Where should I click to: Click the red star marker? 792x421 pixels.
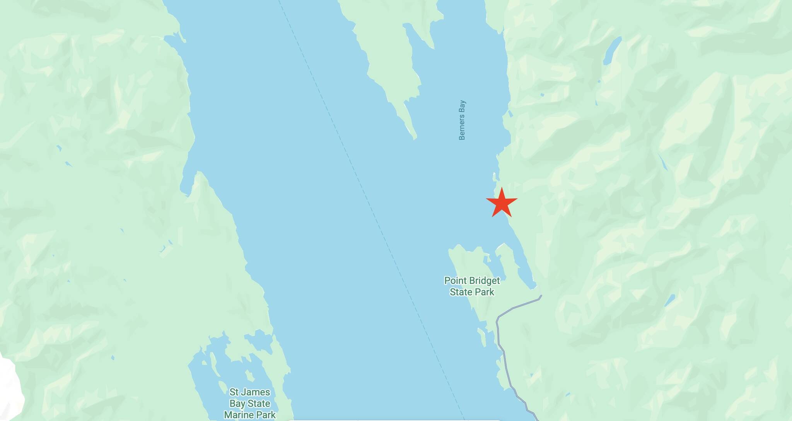(502, 202)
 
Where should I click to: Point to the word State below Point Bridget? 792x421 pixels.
(460, 292)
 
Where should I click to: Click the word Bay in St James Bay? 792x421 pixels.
(237, 404)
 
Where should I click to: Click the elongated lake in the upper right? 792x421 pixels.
(612, 50)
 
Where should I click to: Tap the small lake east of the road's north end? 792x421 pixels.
(669, 300)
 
